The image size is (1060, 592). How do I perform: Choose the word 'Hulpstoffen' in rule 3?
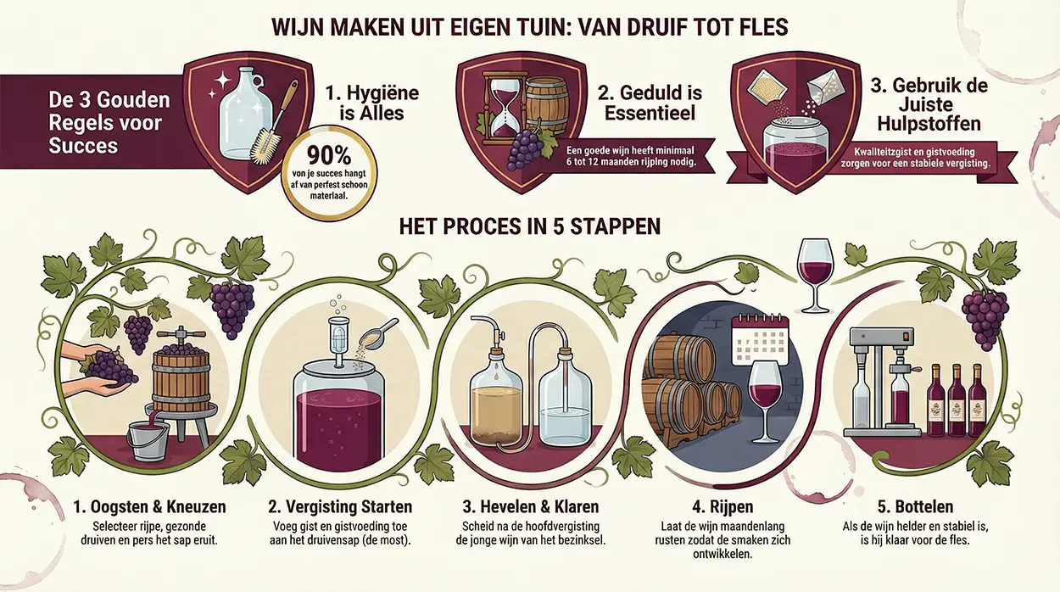click(930, 124)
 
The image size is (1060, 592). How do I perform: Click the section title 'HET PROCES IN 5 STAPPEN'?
click(529, 227)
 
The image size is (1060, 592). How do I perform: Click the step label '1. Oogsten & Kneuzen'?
click(149, 507)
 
